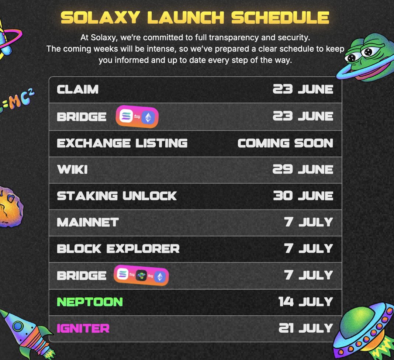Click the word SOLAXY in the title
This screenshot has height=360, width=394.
click(100, 18)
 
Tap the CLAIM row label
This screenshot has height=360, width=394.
click(77, 89)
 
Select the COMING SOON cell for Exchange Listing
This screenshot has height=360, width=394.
click(285, 143)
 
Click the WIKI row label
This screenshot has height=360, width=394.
click(72, 170)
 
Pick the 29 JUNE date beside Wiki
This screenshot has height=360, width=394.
click(303, 169)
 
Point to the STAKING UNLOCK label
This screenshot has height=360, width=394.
click(117, 196)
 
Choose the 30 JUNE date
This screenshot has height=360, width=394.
click(303, 196)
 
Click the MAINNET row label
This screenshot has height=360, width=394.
click(88, 222)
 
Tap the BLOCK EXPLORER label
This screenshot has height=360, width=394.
click(118, 249)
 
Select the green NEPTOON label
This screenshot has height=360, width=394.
click(90, 302)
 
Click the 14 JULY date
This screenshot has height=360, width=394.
click(305, 301)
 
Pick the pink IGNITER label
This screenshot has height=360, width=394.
click(83, 328)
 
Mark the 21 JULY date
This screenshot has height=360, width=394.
click(306, 328)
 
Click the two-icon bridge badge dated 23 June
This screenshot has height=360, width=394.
click(137, 117)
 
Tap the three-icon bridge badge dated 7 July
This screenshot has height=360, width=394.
click(141, 275)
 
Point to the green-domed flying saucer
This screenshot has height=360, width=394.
click(364, 330)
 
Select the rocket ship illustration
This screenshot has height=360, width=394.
click(27, 333)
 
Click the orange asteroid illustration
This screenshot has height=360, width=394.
click(11, 207)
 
